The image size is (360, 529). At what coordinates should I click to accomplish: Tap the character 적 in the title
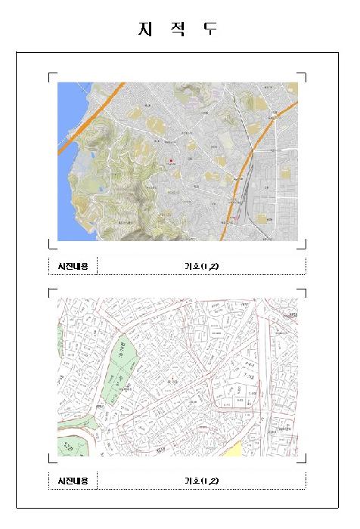pyautogui.click(x=179, y=29)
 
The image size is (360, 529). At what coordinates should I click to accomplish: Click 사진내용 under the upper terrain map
pyautogui.click(x=73, y=266)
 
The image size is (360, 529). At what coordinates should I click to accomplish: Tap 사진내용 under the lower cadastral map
pyautogui.click(x=73, y=481)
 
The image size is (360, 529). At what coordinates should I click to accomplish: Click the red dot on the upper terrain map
pyautogui.click(x=172, y=161)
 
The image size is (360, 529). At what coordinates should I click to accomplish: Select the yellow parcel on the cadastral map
pyautogui.click(x=233, y=450)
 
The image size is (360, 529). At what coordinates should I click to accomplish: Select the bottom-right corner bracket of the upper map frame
pyautogui.click(x=304, y=246)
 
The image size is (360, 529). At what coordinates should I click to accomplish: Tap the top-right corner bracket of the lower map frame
pyautogui.click(x=304, y=289)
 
